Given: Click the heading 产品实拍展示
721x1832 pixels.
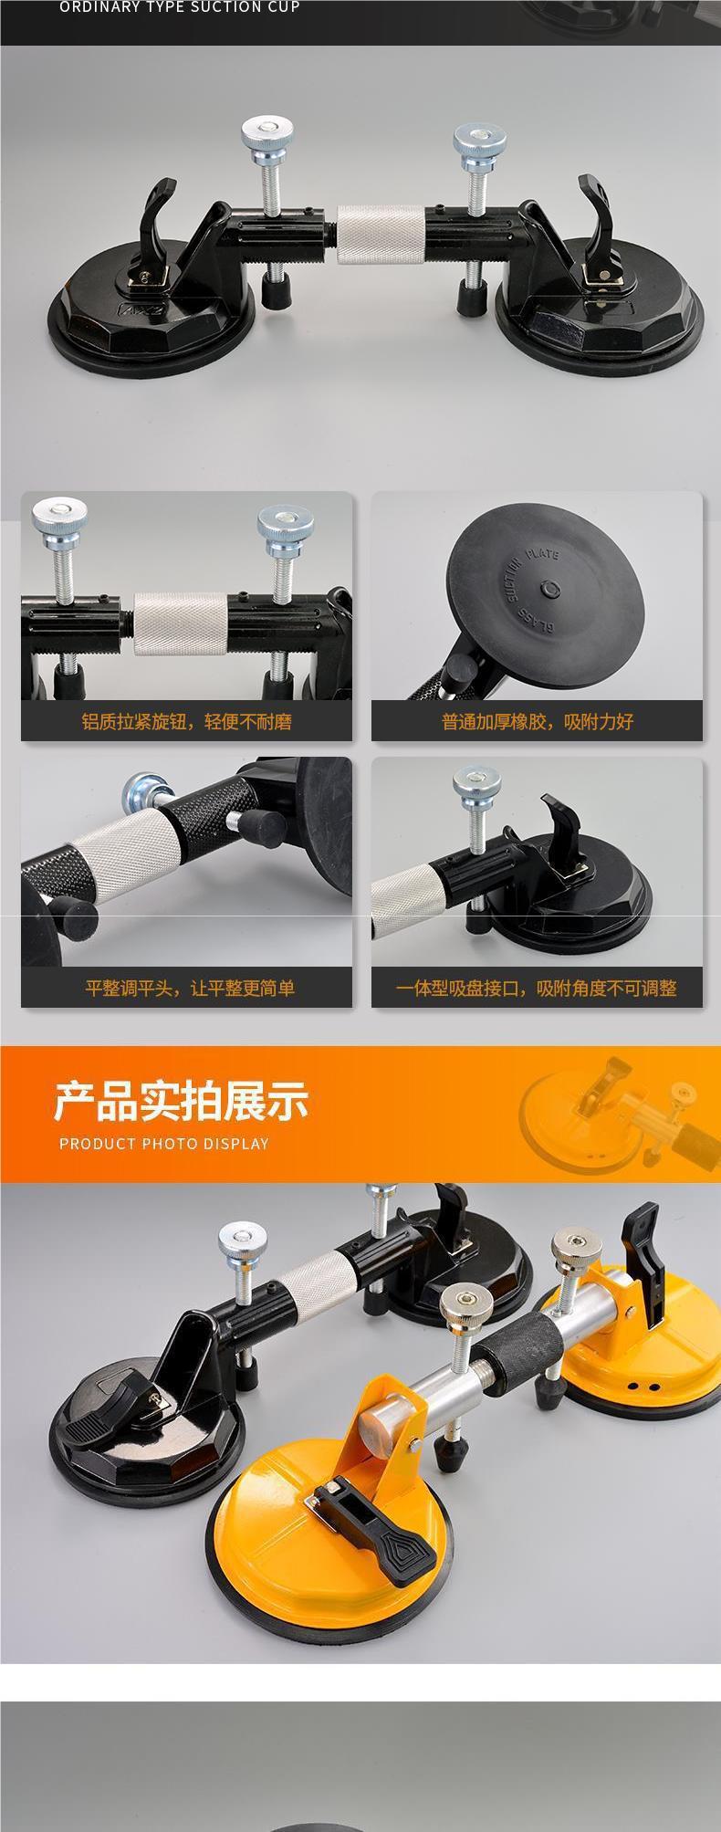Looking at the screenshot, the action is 181,1101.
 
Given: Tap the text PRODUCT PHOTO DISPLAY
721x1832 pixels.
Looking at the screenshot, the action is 164,1144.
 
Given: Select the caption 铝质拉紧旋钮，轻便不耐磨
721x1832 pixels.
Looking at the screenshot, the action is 186,722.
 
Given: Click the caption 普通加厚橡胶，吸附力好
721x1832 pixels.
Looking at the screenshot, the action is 538,722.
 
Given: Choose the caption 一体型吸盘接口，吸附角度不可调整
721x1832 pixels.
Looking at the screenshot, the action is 537,988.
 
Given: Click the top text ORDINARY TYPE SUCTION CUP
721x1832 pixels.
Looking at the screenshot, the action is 180,7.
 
